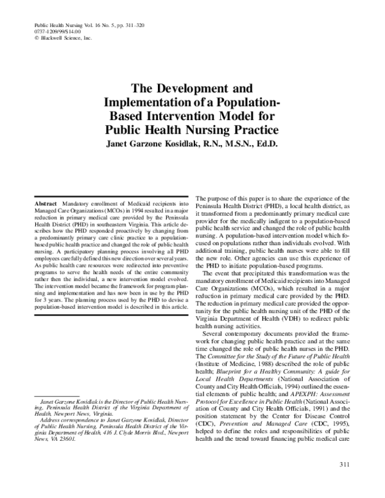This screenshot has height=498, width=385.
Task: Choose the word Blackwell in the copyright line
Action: [51, 38]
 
